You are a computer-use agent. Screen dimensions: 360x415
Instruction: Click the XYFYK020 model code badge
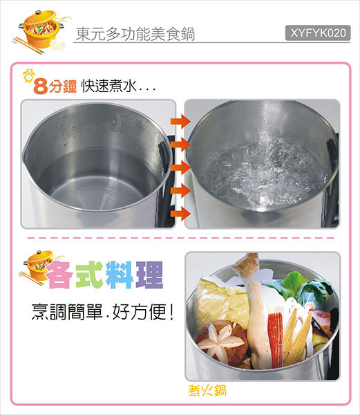pos(318,33)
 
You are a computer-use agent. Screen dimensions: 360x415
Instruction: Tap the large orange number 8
pos(41,86)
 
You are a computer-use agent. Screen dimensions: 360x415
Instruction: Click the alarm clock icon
pos(28,76)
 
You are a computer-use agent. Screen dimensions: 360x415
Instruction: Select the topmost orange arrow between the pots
pos(180,122)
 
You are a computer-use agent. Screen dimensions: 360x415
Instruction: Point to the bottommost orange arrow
pos(180,214)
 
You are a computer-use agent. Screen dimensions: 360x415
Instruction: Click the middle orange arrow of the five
pos(180,167)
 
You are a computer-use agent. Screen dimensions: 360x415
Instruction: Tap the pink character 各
pos(61,275)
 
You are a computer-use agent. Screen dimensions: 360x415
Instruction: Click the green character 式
pos(89,275)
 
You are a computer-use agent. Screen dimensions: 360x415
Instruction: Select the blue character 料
pos(119,275)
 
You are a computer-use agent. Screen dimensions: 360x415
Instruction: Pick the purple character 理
pos(149,275)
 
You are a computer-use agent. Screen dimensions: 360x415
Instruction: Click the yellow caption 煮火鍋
pos(207,390)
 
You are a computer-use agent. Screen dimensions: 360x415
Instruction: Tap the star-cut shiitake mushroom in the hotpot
pos(220,341)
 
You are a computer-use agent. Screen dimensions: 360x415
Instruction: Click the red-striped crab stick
pos(276,340)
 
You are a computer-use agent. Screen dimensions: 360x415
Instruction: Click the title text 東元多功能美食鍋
pos(135,34)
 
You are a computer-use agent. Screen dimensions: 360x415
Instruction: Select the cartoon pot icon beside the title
pos(41,31)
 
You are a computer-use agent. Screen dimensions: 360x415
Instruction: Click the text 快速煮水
pos(109,86)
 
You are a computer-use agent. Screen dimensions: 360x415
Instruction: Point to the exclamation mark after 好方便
pos(171,312)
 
